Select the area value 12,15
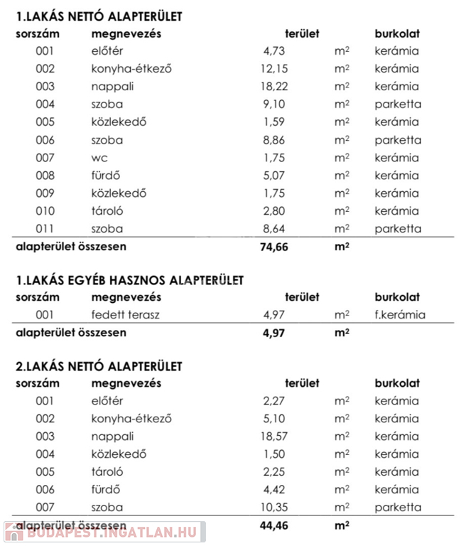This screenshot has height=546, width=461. coord(271,69)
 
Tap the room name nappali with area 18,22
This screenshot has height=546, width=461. coord(112,87)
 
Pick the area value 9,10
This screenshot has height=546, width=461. coord(274,105)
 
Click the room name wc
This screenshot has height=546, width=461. coord(99,158)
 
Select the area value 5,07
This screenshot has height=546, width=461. coord(274,176)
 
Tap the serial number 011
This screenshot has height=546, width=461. coord(45,229)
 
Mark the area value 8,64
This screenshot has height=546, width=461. coord(274,229)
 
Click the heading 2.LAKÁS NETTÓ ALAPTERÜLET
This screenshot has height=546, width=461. coord(99,366)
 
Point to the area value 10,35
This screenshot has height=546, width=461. coord(271,508)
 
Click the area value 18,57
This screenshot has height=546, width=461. coord(271,437)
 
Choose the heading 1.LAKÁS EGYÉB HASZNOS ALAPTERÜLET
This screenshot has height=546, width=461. coord(129,281)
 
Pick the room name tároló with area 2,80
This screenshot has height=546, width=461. coord(107,211)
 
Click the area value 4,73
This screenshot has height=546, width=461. coord(274,51)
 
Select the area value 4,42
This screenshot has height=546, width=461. coord(274,490)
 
